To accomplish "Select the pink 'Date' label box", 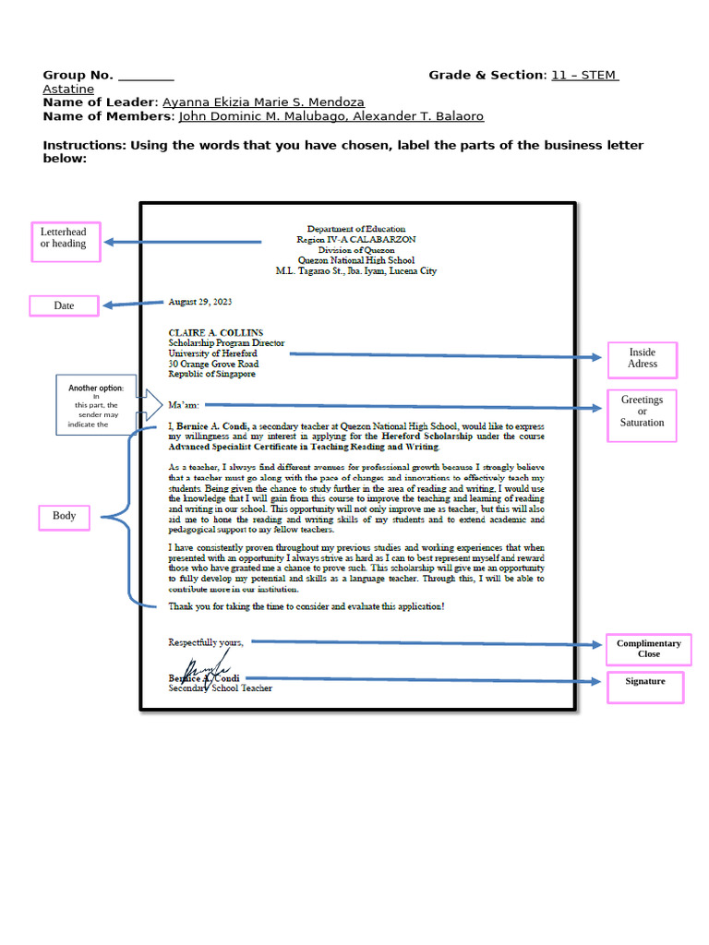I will (x=64, y=305).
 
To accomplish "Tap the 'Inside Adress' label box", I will (x=643, y=359).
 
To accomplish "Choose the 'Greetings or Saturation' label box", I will (x=642, y=412).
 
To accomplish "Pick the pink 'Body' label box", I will (x=64, y=516).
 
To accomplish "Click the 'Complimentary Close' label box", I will (x=648, y=649).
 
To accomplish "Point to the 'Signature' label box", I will (x=644, y=682).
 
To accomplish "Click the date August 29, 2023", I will (x=199, y=302).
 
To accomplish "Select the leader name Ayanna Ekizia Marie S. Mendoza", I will (x=263, y=102).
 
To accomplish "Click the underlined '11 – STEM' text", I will (x=584, y=76).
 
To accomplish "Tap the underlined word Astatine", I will (x=68, y=90).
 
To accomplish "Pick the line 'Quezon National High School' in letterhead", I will (x=355, y=260).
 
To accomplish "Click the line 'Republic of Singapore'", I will (x=211, y=374).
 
